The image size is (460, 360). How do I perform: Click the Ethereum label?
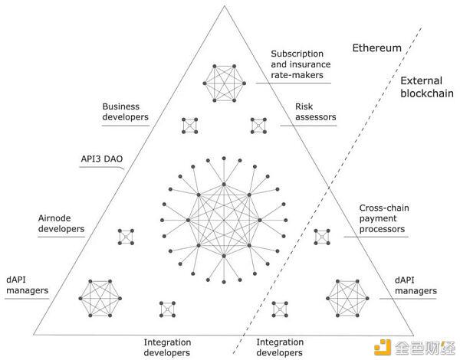click(x=376, y=47)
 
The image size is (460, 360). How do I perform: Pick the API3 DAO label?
click(x=105, y=159)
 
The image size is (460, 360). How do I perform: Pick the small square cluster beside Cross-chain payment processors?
click(x=322, y=237)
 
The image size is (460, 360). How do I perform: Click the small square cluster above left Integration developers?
click(x=167, y=309)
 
